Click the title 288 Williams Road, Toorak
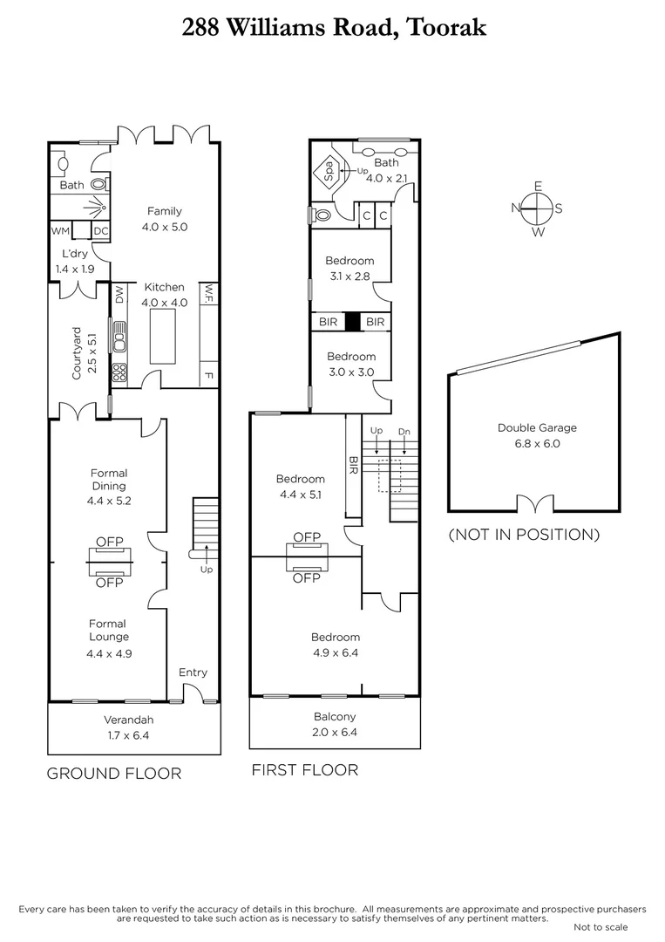(x=334, y=27)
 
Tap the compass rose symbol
(x=538, y=208)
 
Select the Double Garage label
(x=537, y=435)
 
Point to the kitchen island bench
(x=163, y=334)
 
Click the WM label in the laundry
(x=60, y=231)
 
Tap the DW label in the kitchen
(x=119, y=297)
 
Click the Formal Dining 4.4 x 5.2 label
(x=109, y=487)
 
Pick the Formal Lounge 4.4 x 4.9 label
(x=109, y=638)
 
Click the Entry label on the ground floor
(x=193, y=672)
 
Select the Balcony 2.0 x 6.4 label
(x=335, y=724)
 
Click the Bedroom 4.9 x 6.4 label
(x=335, y=645)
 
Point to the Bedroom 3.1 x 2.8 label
(x=349, y=268)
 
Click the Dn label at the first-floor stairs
(x=404, y=431)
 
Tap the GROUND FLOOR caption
(x=114, y=773)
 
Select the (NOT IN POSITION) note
(x=524, y=534)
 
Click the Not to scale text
(x=601, y=927)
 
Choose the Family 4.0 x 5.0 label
(x=164, y=219)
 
